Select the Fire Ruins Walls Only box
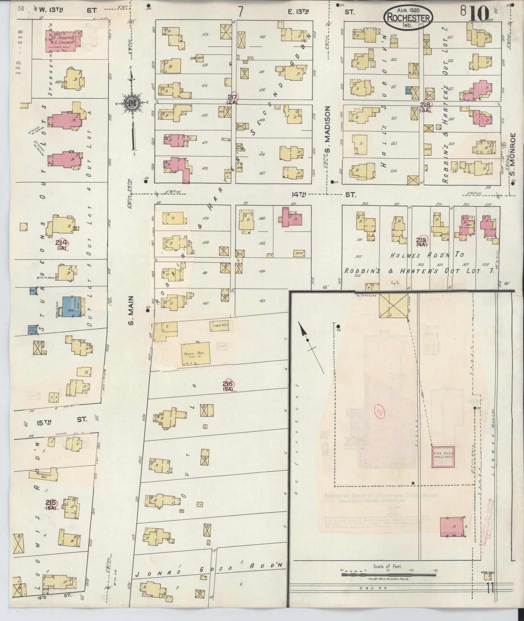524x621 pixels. tap(443, 455)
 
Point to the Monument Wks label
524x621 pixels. tap(45, 476)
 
